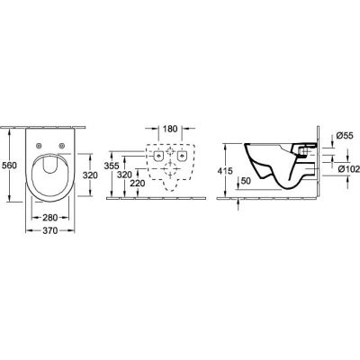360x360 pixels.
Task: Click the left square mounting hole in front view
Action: [x=157, y=157]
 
